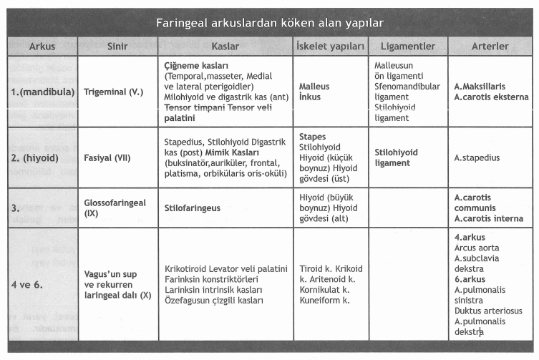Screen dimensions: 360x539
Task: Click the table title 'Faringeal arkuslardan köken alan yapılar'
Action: [268, 23]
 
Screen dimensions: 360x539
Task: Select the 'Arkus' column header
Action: [42, 47]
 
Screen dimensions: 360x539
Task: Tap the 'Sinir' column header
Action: [117, 47]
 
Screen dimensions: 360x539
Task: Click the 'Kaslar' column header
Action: [225, 47]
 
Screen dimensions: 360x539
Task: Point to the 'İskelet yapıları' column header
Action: [330, 47]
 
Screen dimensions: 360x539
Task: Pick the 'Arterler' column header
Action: [490, 47]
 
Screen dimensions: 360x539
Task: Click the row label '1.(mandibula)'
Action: [40, 92]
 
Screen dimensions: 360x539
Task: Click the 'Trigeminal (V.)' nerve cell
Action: [114, 92]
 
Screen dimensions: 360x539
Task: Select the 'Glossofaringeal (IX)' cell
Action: [115, 208]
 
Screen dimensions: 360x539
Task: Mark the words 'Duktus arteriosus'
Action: [488, 311]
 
